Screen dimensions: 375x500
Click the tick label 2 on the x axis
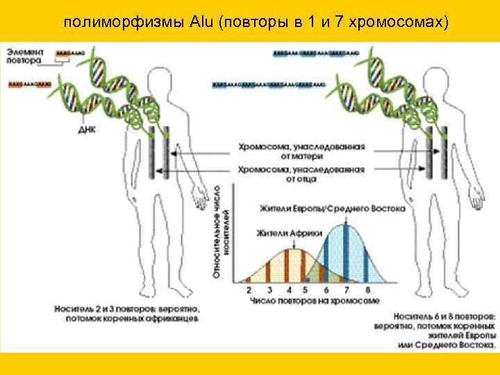coord(249,290)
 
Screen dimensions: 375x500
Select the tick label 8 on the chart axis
coord(367,290)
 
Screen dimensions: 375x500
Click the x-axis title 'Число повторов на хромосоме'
coord(306,301)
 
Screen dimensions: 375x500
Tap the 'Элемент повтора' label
coord(25,56)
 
